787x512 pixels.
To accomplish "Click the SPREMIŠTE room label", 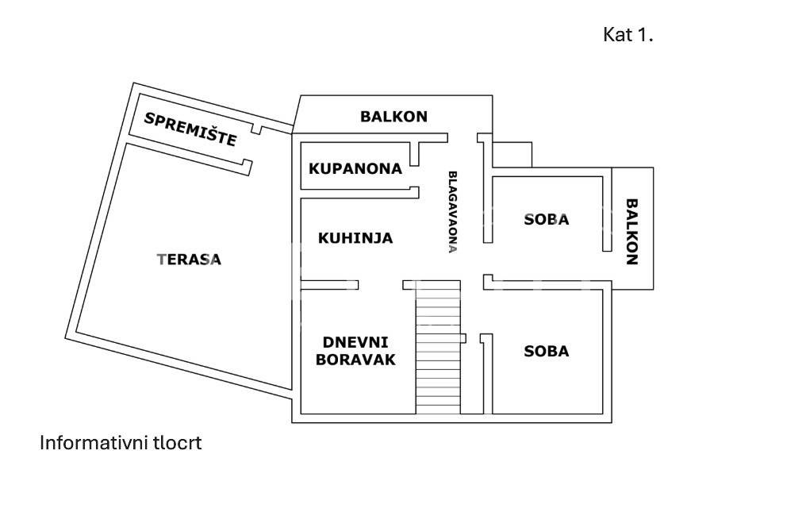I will coord(190,129).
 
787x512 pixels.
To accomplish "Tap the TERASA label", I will coord(190,259).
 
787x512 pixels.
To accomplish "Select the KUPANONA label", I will coord(355,168).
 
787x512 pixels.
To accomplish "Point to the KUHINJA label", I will coord(355,237).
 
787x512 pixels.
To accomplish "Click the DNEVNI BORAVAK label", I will coord(355,350).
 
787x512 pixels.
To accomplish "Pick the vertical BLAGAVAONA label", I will coord(453,211).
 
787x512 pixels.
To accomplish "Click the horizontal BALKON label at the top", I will coord(393,117).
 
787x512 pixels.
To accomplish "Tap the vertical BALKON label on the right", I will coord(632,231).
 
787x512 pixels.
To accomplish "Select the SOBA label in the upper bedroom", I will coord(547,219).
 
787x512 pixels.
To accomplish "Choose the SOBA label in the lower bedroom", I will coord(547,351).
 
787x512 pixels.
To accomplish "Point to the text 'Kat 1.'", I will coord(628,35).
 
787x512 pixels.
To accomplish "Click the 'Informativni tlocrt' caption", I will coord(121,443).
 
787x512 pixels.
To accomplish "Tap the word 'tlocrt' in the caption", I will coord(179,443).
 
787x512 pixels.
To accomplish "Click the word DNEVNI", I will coord(355,341).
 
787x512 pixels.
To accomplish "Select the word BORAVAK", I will coord(355,359).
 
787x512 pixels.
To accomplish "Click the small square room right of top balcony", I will coord(512,155).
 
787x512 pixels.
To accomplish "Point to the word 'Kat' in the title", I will coord(616,35).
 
